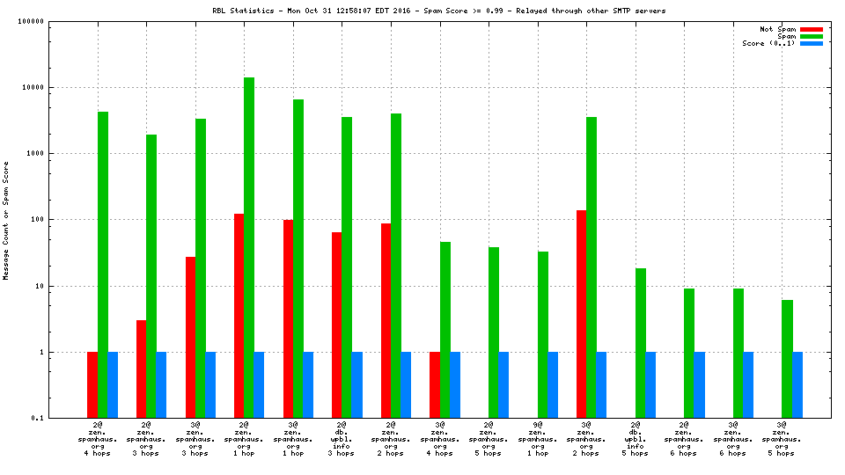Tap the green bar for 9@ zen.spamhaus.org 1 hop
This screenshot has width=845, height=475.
coord(543,334)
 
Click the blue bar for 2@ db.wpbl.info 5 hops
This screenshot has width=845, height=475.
coord(650,384)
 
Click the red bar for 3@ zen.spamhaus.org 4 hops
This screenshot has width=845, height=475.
coord(434,384)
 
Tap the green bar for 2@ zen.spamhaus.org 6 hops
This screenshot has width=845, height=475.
coord(689,352)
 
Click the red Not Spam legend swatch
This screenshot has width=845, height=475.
coord(812,29)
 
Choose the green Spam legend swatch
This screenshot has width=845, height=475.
coord(812,36)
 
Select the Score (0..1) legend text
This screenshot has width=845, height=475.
coord(768,43)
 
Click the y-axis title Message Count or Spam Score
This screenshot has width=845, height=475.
coord(6,220)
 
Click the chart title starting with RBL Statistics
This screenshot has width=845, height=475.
coord(439,11)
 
